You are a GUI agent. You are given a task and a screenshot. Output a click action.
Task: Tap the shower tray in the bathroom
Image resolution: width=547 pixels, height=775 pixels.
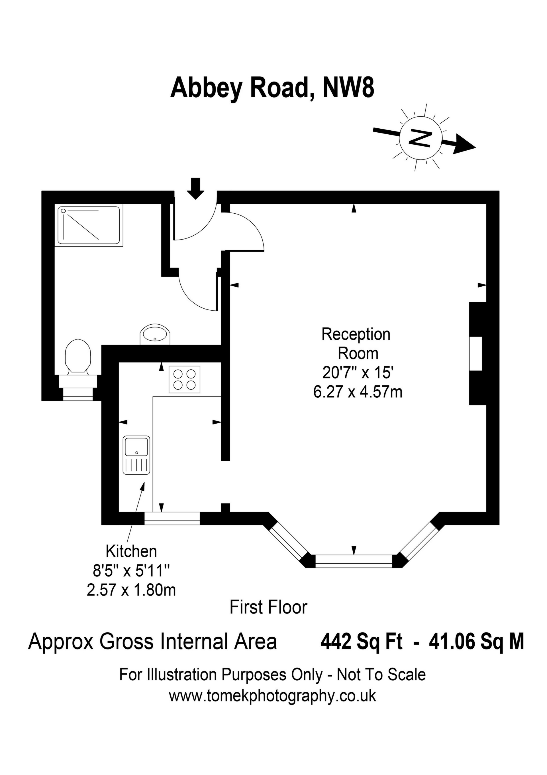tap(89, 225)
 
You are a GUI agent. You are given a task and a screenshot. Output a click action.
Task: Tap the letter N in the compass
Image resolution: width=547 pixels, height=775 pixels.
tap(420, 138)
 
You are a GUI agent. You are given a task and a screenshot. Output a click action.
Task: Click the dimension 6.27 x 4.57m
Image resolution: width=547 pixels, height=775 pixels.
tap(358, 392)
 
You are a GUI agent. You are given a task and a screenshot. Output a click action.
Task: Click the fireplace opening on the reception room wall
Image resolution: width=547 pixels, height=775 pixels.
tap(476, 353)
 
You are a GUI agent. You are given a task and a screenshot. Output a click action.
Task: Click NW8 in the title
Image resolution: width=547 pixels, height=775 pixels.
tap(348, 88)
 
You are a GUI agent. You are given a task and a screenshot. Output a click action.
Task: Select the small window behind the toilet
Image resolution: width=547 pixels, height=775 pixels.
tap(78, 394)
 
